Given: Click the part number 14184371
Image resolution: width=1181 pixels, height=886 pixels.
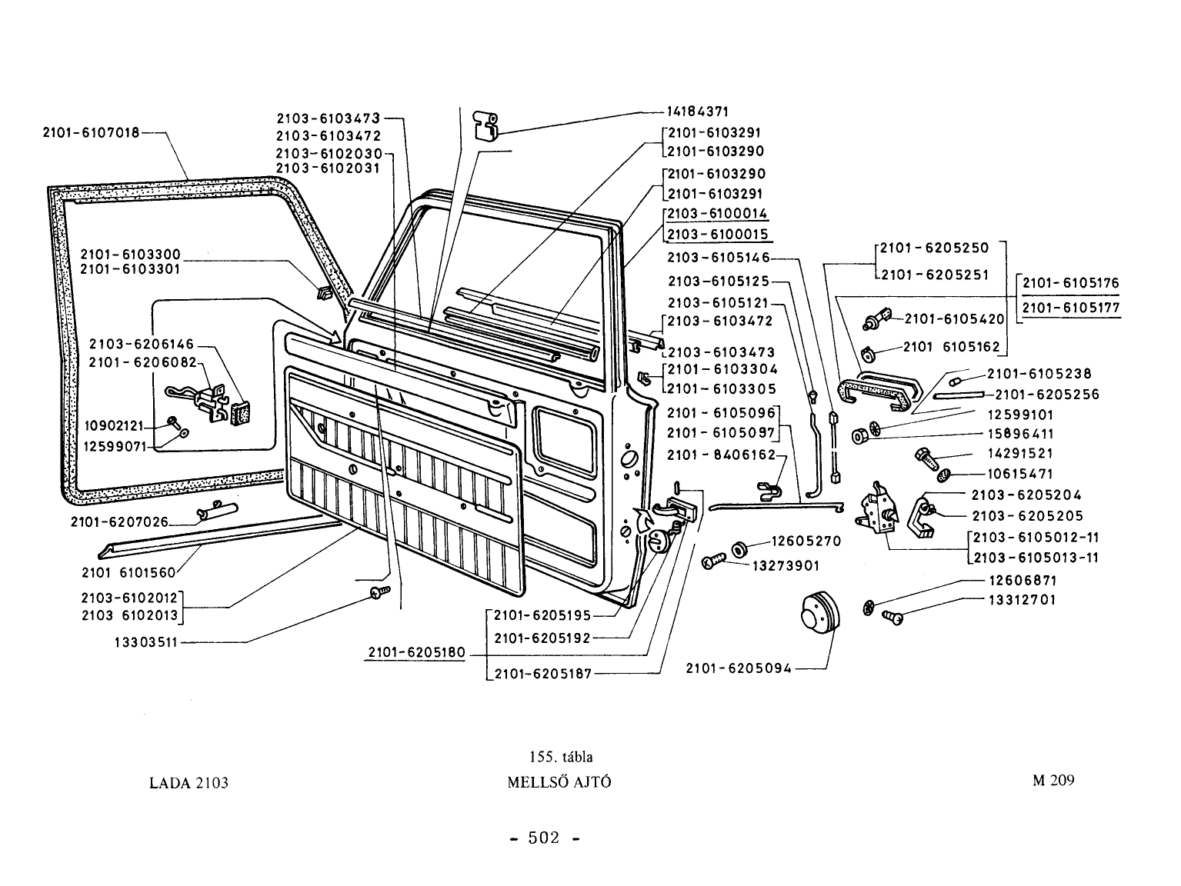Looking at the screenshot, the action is click(697, 112).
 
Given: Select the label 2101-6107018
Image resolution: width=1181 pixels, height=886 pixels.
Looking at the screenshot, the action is click(92, 132).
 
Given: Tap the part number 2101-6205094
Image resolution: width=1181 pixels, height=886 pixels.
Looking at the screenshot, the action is click(739, 668).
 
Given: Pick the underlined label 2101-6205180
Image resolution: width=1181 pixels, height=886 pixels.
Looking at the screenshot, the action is click(416, 653).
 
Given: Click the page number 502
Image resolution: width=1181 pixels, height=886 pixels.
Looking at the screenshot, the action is click(544, 838).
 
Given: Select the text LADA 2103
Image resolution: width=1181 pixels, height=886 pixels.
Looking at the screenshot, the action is click(188, 783).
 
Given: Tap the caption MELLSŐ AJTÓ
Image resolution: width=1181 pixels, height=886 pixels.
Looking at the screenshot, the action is click(559, 781).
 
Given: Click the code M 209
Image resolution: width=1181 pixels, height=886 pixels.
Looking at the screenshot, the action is click(1053, 780).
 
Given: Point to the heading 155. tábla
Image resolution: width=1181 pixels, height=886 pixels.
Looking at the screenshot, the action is click(561, 757).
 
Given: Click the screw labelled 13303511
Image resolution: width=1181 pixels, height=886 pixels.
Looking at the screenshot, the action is click(380, 592).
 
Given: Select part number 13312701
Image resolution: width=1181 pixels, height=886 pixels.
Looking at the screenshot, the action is click(1023, 599).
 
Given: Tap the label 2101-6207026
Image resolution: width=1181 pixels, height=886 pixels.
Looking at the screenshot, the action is click(119, 522).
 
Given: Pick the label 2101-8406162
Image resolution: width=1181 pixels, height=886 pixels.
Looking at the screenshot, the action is click(722, 455).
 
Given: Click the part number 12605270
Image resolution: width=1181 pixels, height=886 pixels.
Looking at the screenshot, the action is click(806, 541).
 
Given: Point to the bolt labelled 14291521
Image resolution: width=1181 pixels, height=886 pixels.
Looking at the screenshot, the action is click(927, 458).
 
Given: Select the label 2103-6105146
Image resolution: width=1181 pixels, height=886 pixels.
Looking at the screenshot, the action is click(719, 258).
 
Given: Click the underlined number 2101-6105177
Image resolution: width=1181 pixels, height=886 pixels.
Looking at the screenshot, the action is click(1071, 308).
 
